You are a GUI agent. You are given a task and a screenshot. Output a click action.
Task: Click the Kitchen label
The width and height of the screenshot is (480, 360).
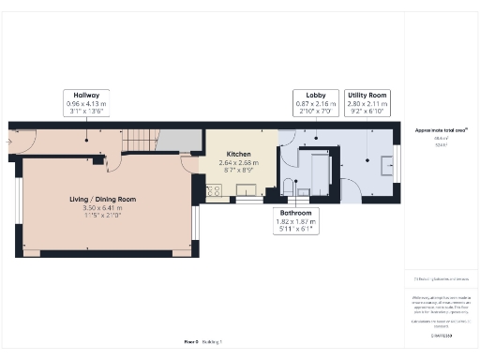click(x=237, y=153)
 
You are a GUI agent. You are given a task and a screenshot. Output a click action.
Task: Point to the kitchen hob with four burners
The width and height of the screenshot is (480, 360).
click(x=213, y=192)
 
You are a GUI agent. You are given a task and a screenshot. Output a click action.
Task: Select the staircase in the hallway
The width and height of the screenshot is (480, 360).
click(x=142, y=140)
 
